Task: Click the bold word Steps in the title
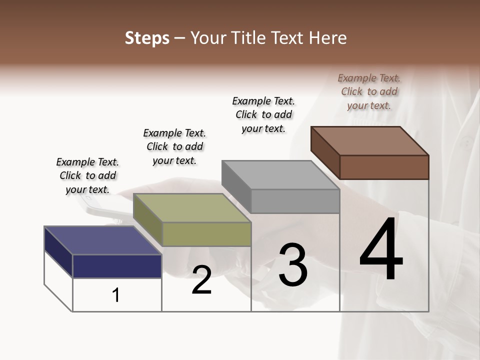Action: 147,38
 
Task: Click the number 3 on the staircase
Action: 292,265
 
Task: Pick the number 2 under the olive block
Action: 201,280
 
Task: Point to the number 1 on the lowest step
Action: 116,295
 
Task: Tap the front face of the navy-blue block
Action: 117,266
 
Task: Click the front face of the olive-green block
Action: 206,234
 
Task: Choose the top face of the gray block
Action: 280,174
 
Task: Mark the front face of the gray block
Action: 295,201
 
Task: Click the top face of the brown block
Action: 369,140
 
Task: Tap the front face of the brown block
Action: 384,167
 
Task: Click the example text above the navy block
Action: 87,175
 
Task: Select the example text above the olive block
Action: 174,146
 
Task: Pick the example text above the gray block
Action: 263,114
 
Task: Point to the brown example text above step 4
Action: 369,91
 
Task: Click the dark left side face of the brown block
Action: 325,153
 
